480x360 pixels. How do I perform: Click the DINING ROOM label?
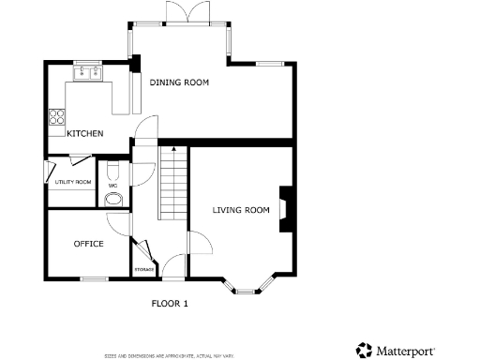pos(179,82)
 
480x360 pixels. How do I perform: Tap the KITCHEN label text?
pos(84,133)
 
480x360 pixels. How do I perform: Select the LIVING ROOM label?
pos(241,210)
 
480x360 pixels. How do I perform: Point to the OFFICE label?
pos(88,244)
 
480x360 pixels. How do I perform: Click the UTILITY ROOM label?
pos(72,182)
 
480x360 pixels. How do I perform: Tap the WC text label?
pos(112,186)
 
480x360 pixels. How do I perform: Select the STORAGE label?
pos(143,270)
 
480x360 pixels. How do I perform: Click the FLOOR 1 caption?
pos(170,304)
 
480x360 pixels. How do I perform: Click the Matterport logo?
pos(395,350)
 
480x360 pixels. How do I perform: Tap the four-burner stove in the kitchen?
pos(57,118)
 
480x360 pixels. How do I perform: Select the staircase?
pos(172,183)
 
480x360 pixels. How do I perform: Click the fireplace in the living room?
pos(284,211)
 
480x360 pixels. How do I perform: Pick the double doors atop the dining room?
pos(177,10)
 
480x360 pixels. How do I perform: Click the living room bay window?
pos(247,286)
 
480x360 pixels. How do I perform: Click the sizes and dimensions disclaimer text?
pos(169,356)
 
